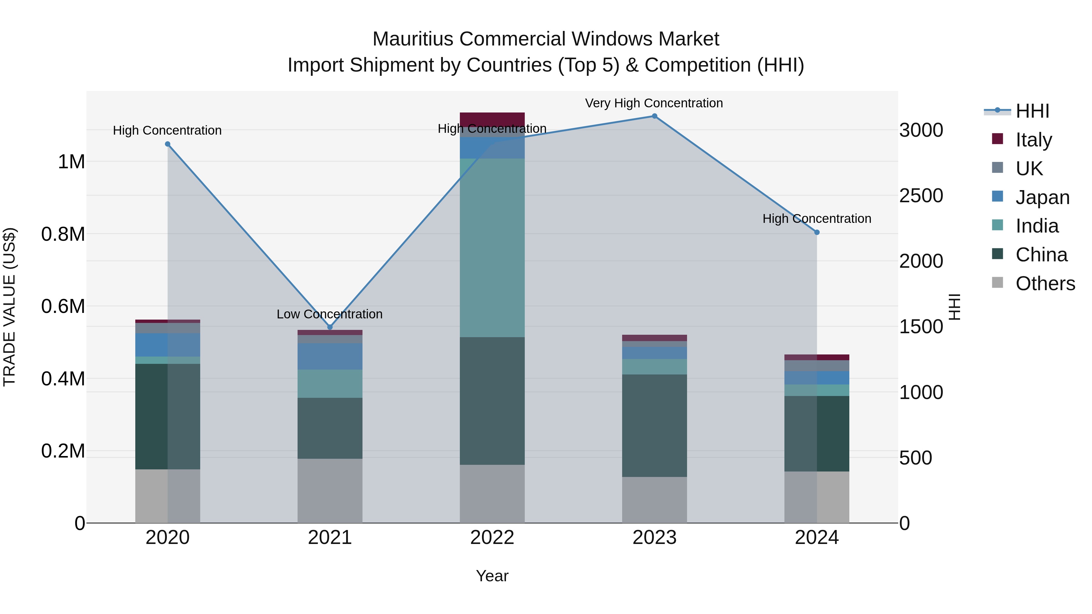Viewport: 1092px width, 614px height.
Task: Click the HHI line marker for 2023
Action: click(x=654, y=116)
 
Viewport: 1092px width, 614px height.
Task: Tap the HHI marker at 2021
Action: click(x=330, y=327)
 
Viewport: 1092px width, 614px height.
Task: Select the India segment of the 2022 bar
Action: click(x=492, y=248)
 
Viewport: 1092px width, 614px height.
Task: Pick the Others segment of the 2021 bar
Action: click(x=330, y=491)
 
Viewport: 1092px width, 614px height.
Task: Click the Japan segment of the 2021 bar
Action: click(x=330, y=356)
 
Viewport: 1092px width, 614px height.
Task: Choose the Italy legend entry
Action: click(x=1033, y=140)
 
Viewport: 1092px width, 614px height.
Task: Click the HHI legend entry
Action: click(x=1032, y=111)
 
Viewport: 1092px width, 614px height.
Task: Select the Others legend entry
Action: click(x=1045, y=284)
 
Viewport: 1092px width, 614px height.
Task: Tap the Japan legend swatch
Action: click(x=997, y=196)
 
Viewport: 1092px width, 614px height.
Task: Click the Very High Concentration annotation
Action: click(x=654, y=103)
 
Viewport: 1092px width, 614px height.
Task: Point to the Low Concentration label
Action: click(x=329, y=314)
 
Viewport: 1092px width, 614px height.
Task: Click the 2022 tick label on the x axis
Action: click(x=492, y=538)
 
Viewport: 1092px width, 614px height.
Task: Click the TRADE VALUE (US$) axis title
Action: click(x=9, y=307)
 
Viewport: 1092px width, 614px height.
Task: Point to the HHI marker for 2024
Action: click(x=817, y=232)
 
